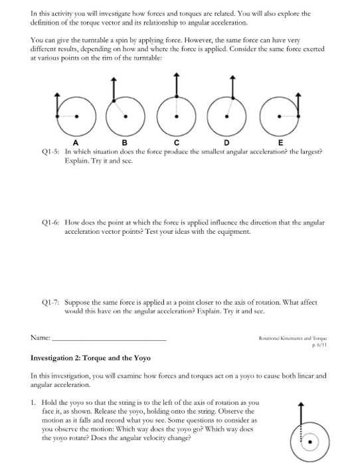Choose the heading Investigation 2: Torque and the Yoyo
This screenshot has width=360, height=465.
(x=92, y=358)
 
